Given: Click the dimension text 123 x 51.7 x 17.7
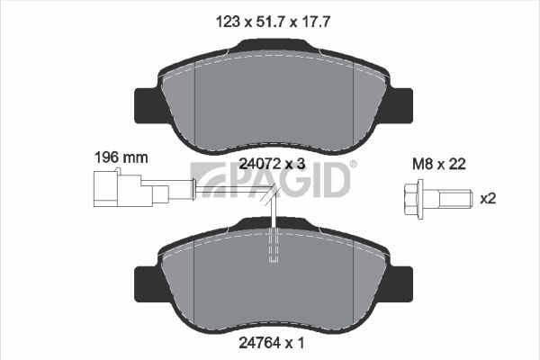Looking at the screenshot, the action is point(273,22).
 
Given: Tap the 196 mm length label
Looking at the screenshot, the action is point(121,157).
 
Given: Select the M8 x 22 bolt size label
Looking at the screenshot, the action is point(439,164).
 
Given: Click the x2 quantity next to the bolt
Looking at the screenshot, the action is point(488,198).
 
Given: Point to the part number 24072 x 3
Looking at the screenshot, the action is point(272,164).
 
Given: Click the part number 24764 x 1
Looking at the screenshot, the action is point(272,343).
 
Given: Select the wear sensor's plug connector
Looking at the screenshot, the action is point(131,190).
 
